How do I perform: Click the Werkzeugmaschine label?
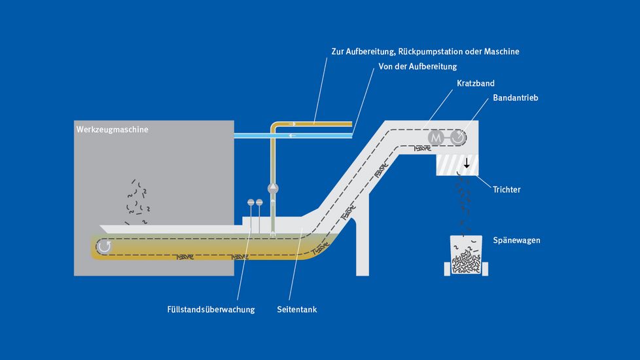coord(113,130)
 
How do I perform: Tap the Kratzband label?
coord(476,83)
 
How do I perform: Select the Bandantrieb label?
coord(516,98)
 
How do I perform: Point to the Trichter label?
coord(507,190)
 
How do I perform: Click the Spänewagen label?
coord(516,240)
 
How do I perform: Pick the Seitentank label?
coord(296,310)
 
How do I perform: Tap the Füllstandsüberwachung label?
coord(211,310)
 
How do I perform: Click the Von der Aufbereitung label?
coord(418,67)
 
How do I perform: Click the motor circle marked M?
coord(436,137)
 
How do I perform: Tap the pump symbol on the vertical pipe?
coord(273,188)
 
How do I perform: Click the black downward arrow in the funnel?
coord(467,163)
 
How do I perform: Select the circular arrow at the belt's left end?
coord(104,247)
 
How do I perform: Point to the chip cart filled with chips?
coord(466,255)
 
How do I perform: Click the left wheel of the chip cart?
coord(447,269)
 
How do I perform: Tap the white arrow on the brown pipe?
coord(292,124)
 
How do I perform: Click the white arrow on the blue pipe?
coord(292,135)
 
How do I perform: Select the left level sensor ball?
coord(251,202)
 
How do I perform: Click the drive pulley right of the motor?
coord(457,137)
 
